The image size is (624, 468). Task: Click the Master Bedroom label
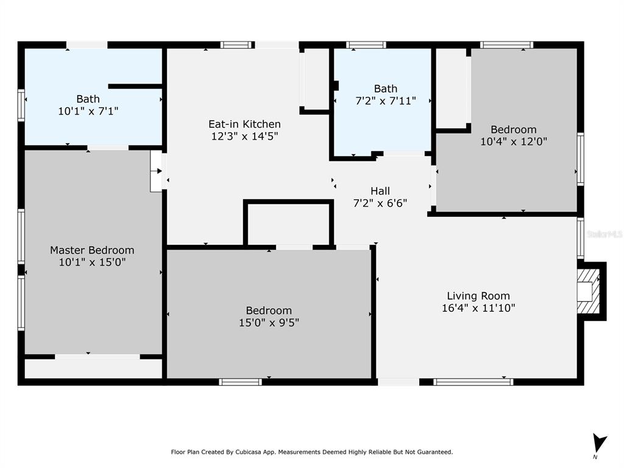pyautogui.click(x=92, y=250)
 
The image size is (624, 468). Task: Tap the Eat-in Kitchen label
pyautogui.click(x=244, y=124)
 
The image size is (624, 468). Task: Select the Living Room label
pyautogui.click(x=478, y=296)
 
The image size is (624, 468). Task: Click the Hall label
pyautogui.click(x=380, y=191)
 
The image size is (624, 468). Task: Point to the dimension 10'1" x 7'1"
pyautogui.click(x=88, y=111)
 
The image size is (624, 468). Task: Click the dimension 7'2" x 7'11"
pyautogui.click(x=386, y=101)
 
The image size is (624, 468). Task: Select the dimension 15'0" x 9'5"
pyautogui.click(x=269, y=322)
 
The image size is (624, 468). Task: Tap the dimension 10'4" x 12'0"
pyautogui.click(x=514, y=141)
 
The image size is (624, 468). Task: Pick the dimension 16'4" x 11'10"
pyautogui.click(x=478, y=308)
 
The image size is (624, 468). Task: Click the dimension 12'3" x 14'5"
pyautogui.click(x=244, y=136)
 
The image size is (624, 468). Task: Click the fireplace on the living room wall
pyautogui.click(x=591, y=291)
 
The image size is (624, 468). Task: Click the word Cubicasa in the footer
pyautogui.click(x=249, y=452)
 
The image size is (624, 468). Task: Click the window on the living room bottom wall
pyautogui.click(x=473, y=382)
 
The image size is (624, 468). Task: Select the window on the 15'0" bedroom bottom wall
pyautogui.click(x=240, y=382)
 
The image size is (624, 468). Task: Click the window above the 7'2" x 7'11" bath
pyautogui.click(x=366, y=45)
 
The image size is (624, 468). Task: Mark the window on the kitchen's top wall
pyautogui.click(x=237, y=45)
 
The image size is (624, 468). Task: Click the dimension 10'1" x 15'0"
pyautogui.click(x=93, y=262)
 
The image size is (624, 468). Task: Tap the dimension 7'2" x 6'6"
pyautogui.click(x=380, y=204)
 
